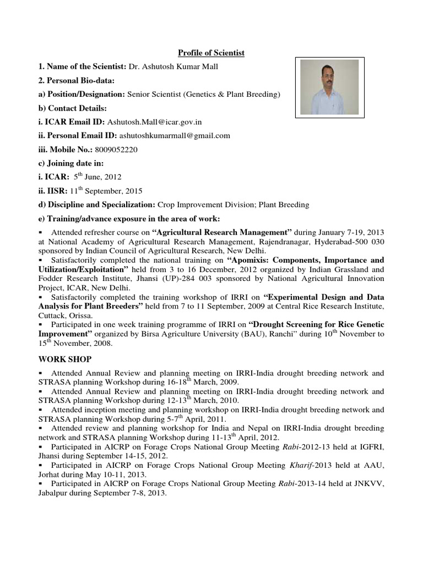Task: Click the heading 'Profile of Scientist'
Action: pyautogui.click(x=211, y=53)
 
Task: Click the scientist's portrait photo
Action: pyautogui.click(x=329, y=87)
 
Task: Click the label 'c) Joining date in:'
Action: pyautogui.click(x=71, y=163)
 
